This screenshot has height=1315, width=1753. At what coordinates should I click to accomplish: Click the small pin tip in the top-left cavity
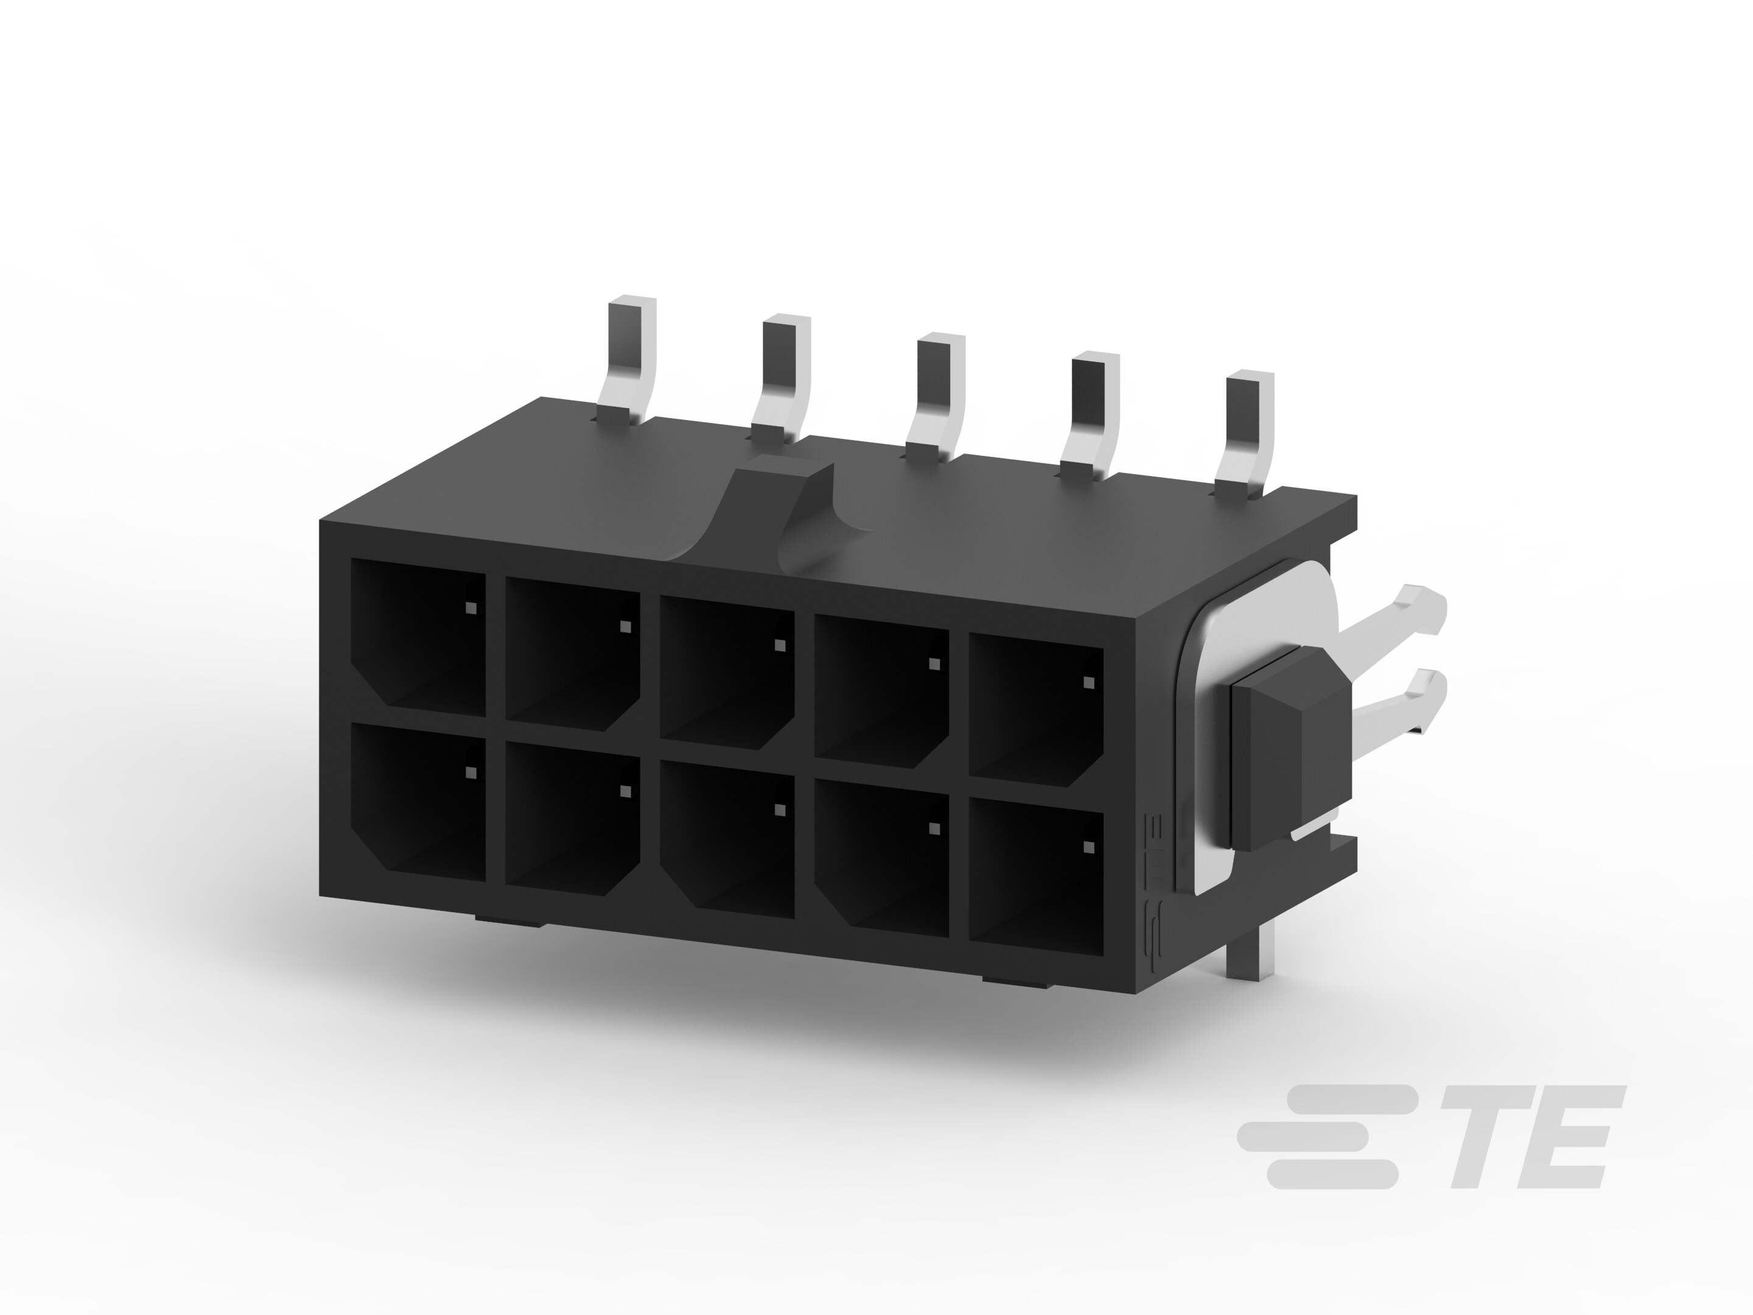tap(471, 609)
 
